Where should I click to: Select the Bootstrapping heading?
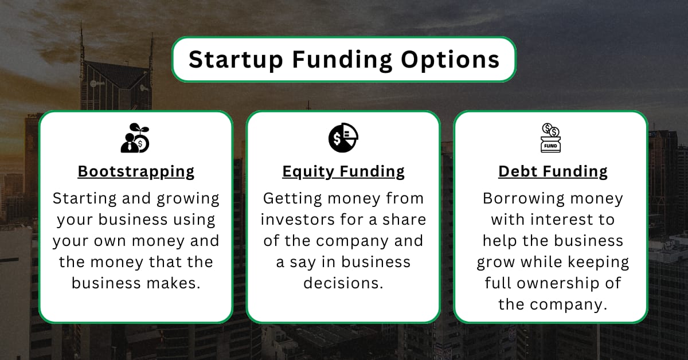[136, 171]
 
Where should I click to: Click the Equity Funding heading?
[343, 171]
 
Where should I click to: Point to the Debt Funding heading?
[553, 171]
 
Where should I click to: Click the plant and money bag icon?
[136, 138]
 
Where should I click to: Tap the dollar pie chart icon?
[343, 138]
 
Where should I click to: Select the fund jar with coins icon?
[551, 138]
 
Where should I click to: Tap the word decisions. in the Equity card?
[343, 283]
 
